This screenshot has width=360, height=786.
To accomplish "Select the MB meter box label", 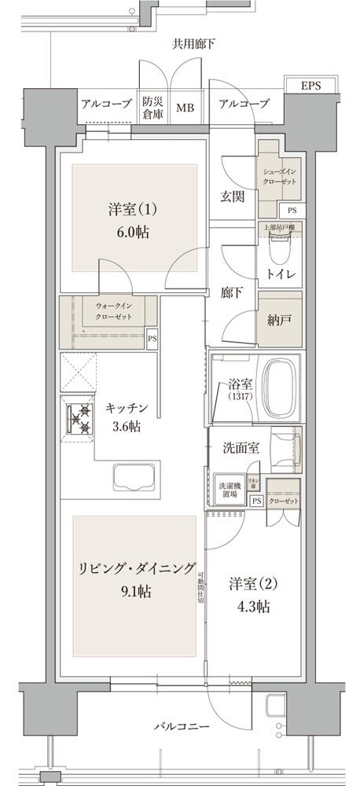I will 186,107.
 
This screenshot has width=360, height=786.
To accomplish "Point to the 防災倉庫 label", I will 152,106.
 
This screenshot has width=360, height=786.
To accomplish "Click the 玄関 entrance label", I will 233,195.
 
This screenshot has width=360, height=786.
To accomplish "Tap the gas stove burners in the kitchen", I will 79,418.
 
